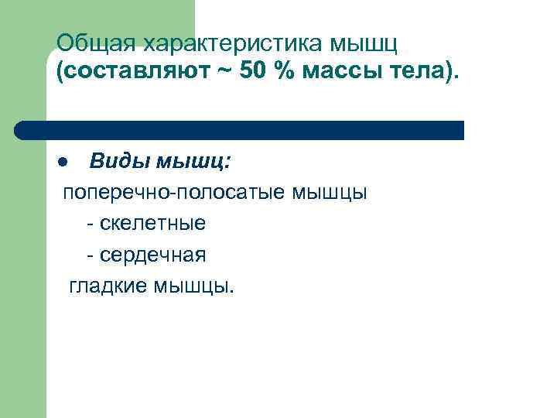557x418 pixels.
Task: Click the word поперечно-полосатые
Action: point(174,194)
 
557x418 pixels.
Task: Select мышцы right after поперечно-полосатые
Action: point(330,194)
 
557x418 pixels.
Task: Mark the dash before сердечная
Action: point(91,255)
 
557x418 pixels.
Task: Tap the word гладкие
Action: point(108,286)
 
